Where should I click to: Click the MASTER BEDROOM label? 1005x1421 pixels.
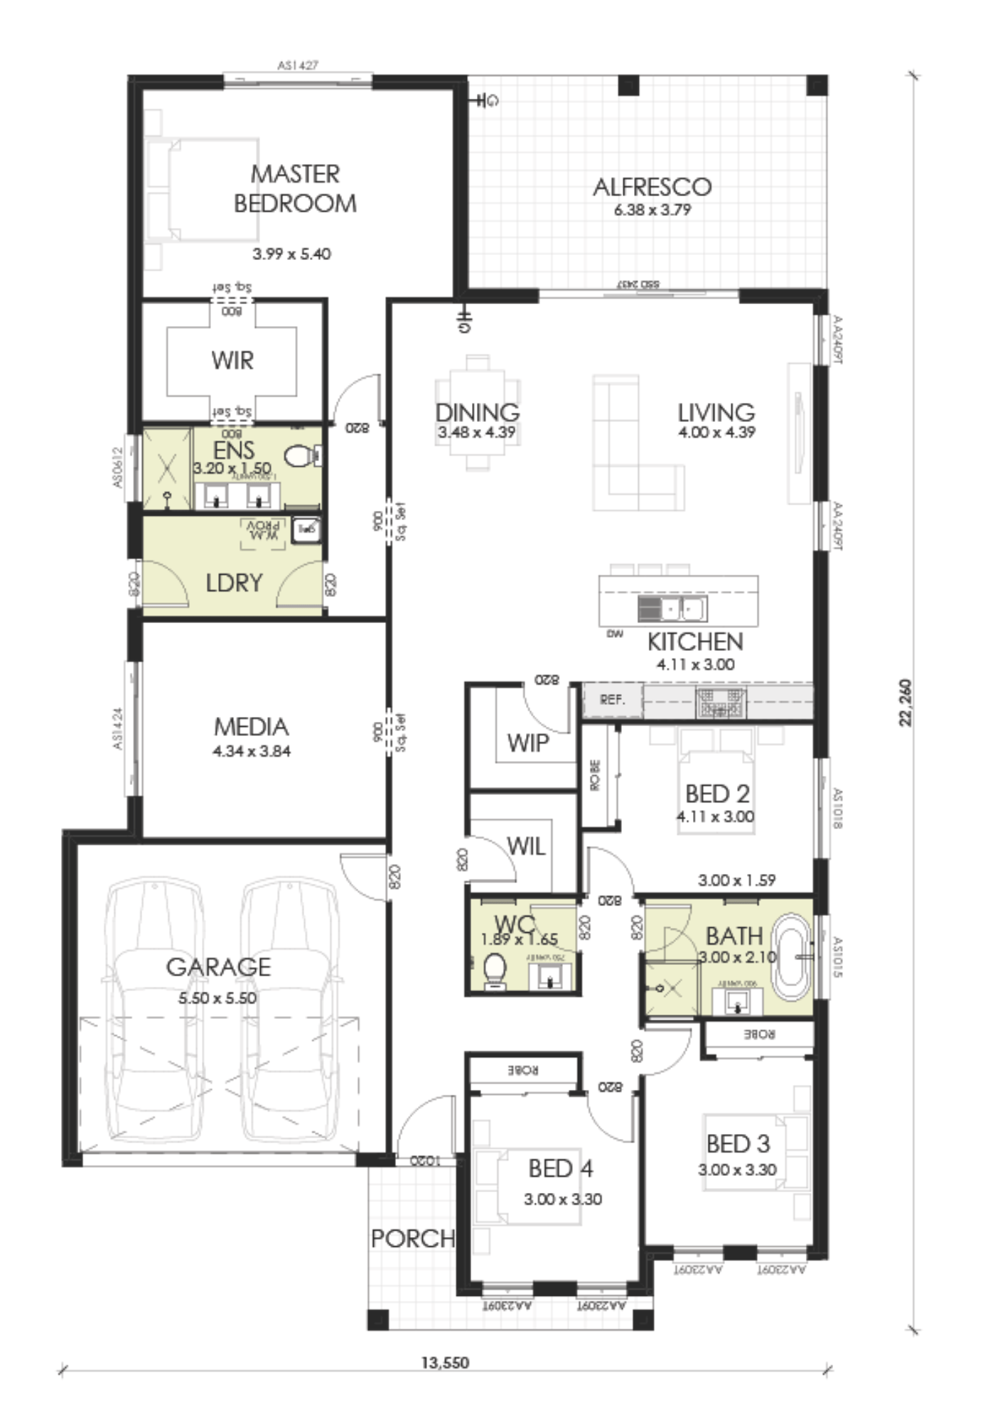[x=295, y=188]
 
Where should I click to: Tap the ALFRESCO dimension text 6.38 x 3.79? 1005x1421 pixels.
[x=652, y=210]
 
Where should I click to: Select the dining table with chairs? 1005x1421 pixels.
[x=477, y=412]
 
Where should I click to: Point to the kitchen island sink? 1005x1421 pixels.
[x=672, y=609]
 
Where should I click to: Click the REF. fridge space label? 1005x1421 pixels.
[x=612, y=700]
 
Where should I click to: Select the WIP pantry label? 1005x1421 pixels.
[x=527, y=743]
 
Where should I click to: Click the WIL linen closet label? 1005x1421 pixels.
[x=526, y=846]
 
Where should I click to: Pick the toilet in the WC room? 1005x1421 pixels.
[x=495, y=970]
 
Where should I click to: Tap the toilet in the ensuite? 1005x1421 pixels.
[x=300, y=455]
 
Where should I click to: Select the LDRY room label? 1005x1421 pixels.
[x=234, y=583]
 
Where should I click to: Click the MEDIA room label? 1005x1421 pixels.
[x=251, y=727]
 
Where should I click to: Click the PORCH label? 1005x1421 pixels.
[x=412, y=1238]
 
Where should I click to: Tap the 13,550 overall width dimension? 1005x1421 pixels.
[x=445, y=1362]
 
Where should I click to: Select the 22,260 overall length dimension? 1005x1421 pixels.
[x=905, y=703]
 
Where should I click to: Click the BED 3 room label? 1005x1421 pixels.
[x=738, y=1144]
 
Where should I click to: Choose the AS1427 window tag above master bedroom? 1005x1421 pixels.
[x=297, y=65]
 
